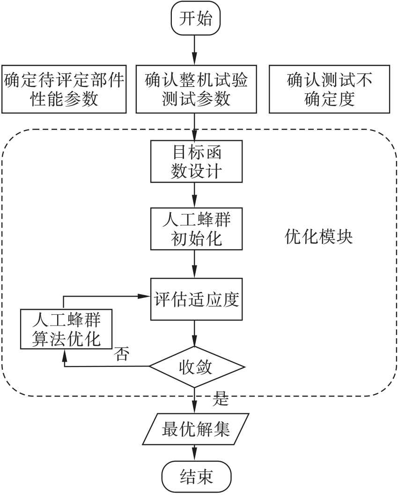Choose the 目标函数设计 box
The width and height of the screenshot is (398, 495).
pos(196,161)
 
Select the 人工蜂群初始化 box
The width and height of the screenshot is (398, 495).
pos(196,229)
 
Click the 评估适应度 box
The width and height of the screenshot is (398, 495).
pos(196,299)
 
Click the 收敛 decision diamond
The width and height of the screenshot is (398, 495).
pos(196,366)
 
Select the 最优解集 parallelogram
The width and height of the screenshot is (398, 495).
pos(196,429)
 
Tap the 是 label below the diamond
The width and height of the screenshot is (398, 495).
pos(220,398)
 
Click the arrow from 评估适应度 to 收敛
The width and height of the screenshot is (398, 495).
pos(195,334)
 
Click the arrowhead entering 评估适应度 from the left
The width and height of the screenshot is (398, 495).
pos(146,296)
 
